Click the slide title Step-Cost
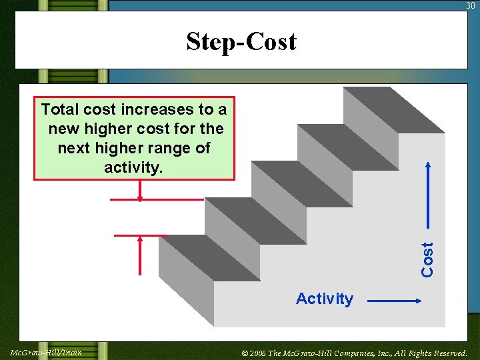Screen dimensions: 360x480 point(241,41)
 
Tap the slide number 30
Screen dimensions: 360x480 point(471,5)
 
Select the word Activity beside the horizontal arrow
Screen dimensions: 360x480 point(324,299)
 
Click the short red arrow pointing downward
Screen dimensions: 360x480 point(140,190)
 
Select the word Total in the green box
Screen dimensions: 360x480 point(60,109)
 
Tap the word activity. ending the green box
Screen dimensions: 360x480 point(133,167)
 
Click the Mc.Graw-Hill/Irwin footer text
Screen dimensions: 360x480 point(46,352)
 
